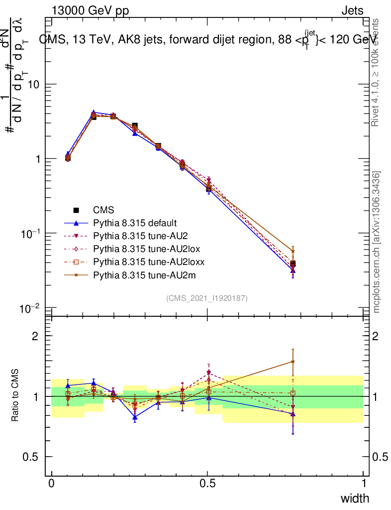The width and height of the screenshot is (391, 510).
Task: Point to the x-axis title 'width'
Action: pos(355,498)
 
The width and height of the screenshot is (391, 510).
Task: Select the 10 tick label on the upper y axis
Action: pos(34,85)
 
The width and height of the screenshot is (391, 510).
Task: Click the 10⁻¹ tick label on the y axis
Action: pos(31,234)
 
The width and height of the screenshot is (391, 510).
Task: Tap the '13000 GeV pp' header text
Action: pos(90,11)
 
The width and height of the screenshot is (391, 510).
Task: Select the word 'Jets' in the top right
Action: pos(352,11)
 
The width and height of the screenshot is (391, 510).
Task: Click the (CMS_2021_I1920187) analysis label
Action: pos(207,298)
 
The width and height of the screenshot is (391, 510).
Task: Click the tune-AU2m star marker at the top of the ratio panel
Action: pos(293,362)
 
